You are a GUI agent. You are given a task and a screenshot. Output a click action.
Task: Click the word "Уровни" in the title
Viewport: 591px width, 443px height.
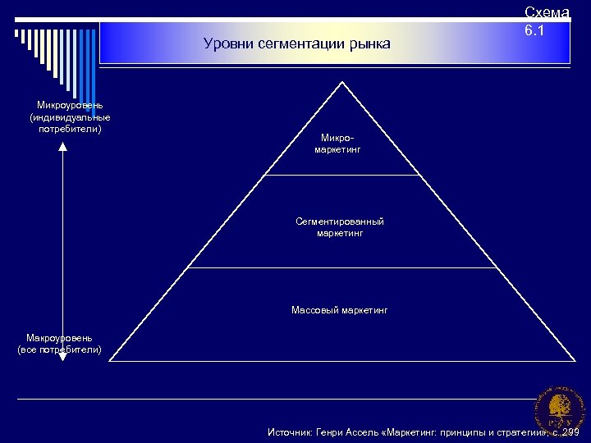(224, 43)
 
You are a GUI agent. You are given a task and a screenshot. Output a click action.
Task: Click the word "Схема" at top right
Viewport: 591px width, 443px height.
(547, 12)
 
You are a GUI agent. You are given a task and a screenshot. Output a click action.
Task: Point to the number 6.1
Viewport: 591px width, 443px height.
(534, 31)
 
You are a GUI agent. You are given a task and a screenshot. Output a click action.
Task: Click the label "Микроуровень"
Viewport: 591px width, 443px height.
(70, 106)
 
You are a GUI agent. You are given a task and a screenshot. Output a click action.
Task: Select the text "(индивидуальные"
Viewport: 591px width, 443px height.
(70, 117)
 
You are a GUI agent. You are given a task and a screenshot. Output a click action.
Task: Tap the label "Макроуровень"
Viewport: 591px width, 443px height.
(59, 338)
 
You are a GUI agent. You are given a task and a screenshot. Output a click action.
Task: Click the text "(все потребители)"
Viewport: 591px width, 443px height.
(60, 349)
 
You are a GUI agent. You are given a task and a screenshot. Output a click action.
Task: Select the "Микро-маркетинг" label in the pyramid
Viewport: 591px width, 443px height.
(337, 144)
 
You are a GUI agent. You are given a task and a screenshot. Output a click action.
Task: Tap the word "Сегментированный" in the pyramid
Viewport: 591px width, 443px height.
(340, 221)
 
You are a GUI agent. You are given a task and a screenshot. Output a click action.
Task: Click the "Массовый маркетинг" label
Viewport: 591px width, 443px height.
(340, 310)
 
